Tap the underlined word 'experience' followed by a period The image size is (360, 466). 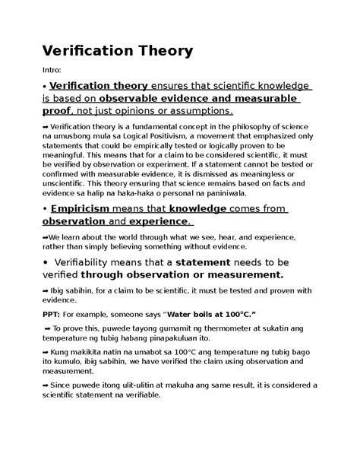(x=158, y=221)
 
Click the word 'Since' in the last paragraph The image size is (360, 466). (x=68, y=388)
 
